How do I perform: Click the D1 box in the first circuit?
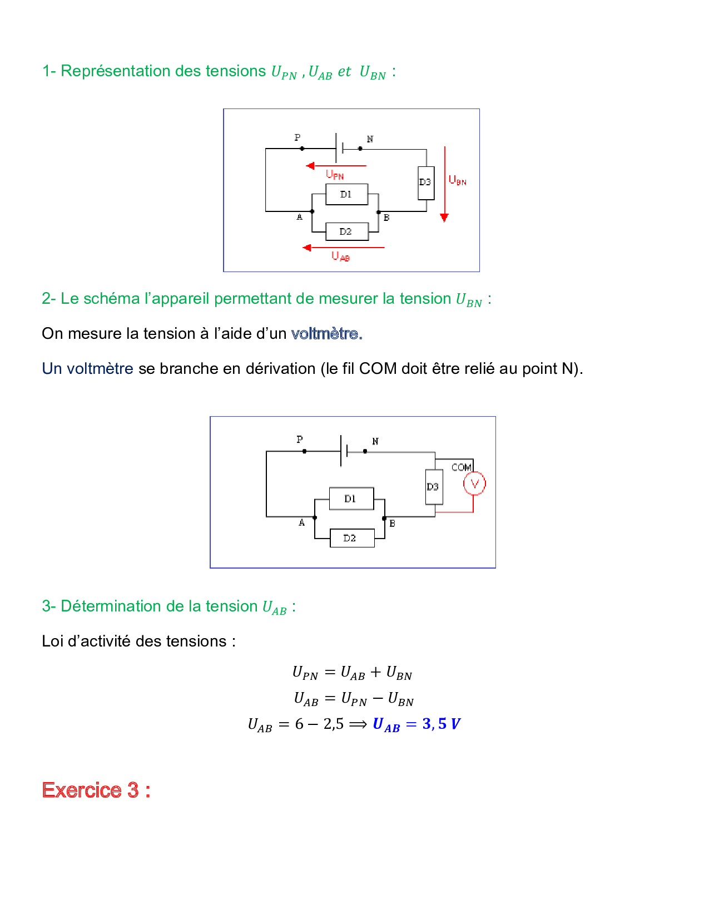pyautogui.click(x=346, y=194)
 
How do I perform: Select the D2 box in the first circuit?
pyautogui.click(x=346, y=231)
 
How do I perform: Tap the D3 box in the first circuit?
pyautogui.click(x=426, y=182)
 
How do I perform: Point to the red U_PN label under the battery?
pyautogui.click(x=335, y=175)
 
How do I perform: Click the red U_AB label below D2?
pyautogui.click(x=340, y=256)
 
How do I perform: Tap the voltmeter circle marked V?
pyautogui.click(x=474, y=483)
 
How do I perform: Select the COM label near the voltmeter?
pyautogui.click(x=462, y=467)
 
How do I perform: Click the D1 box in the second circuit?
pyautogui.click(x=351, y=499)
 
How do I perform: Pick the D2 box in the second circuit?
pyautogui.click(x=351, y=538)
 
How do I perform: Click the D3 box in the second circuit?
pyautogui.click(x=434, y=487)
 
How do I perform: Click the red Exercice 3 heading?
pyautogui.click(x=96, y=790)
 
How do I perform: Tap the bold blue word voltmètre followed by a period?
pyautogui.click(x=326, y=334)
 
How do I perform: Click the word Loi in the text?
pyautogui.click(x=52, y=641)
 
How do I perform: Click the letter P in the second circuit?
pyautogui.click(x=300, y=440)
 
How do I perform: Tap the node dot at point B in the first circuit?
pyautogui.click(x=379, y=212)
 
